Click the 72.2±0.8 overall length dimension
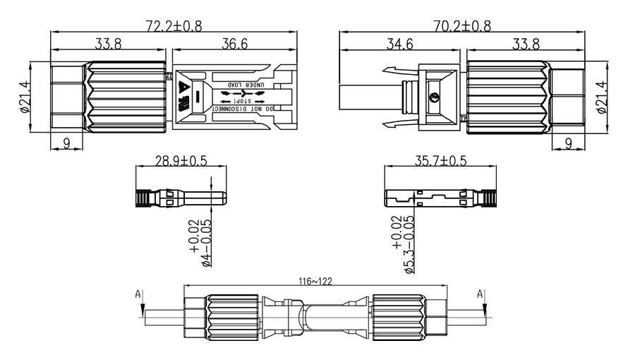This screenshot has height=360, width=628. point(174,26)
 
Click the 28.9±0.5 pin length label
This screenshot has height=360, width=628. point(181,160)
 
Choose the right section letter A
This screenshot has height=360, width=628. point(481,293)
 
